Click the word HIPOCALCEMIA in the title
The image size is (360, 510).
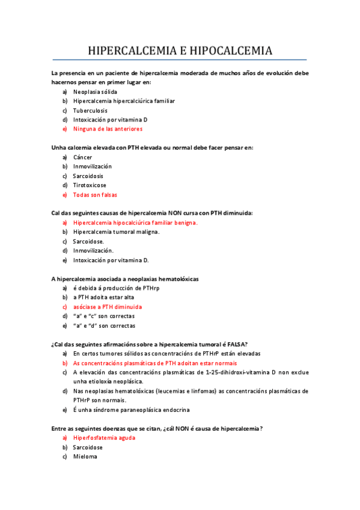pyautogui.click(x=231, y=50)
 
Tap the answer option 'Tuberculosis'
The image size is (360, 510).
pyautogui.click(x=90, y=111)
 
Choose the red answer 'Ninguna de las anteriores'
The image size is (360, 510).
pyautogui.click(x=108, y=129)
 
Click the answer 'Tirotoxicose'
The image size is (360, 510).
pyautogui.click(x=90, y=185)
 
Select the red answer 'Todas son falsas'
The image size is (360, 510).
pyautogui.click(x=95, y=195)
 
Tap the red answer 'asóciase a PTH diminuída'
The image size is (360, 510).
pyautogui.click(x=107, y=307)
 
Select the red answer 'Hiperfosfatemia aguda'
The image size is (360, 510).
pyautogui.click(x=104, y=438)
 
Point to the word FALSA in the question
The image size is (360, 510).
pyautogui.click(x=233, y=344)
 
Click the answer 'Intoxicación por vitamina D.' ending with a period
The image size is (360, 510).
pyautogui.click(x=111, y=260)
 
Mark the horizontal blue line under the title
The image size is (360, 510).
pyautogui.click(x=180, y=60)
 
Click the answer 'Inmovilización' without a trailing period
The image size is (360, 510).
pyautogui.click(x=92, y=167)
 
